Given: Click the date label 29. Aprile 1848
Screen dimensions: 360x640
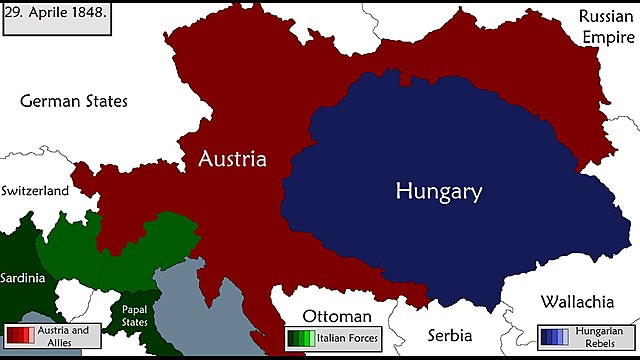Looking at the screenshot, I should click(58, 18).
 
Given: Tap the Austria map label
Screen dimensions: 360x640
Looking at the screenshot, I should click(232, 159).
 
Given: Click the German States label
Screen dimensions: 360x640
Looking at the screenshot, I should click(74, 101).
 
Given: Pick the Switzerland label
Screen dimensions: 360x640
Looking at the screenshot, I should click(35, 190).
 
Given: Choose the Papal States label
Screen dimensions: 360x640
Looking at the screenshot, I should click(135, 315).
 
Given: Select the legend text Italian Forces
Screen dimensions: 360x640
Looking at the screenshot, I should click(347, 340).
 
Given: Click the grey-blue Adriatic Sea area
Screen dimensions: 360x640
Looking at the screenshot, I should click(200, 310).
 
